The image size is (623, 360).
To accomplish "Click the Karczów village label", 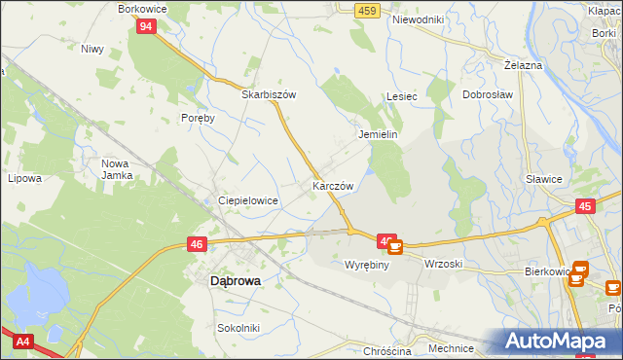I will click(x=332, y=185).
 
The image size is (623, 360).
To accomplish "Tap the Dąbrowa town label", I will click(x=236, y=280).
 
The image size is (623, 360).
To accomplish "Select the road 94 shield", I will click(x=145, y=26).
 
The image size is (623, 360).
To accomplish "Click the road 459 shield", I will click(x=366, y=10).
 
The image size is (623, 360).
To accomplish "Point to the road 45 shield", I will click(x=585, y=205).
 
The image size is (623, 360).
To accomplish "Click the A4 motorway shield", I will click(x=21, y=342).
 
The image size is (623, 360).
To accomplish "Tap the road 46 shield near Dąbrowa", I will click(x=197, y=245).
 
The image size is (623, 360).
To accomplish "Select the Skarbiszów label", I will click(x=269, y=95).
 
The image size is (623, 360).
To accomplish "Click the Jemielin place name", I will click(x=379, y=135).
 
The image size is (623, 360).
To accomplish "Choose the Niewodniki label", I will click(x=418, y=19).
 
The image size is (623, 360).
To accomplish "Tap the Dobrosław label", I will click(x=488, y=96).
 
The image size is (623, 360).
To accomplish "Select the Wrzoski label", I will click(x=443, y=264).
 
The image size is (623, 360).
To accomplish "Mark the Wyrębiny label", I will click(x=367, y=264).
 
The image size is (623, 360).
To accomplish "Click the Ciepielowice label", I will click(x=248, y=200).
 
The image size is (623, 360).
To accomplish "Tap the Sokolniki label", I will click(x=238, y=328).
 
